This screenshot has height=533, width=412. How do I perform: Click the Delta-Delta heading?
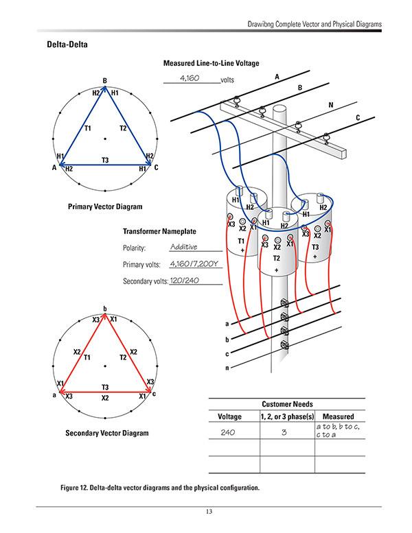pos(66,46)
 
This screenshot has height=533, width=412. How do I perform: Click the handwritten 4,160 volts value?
pos(189,79)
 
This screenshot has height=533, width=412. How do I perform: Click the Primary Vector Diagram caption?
pos(105,206)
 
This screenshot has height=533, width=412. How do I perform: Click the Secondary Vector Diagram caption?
pos(106,433)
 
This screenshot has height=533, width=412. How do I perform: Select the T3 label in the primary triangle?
pos(104,160)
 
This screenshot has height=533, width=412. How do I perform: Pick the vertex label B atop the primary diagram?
pos(104,80)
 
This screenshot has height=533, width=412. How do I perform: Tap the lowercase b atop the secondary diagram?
pos(104,308)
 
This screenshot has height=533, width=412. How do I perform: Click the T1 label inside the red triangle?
pos(87,357)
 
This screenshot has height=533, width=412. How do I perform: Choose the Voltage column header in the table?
pos(229,416)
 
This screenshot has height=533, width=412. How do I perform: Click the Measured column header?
pos(338,416)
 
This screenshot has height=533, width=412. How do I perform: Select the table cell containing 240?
pos(229,432)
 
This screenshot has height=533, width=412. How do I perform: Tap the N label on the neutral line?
pos(330,105)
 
